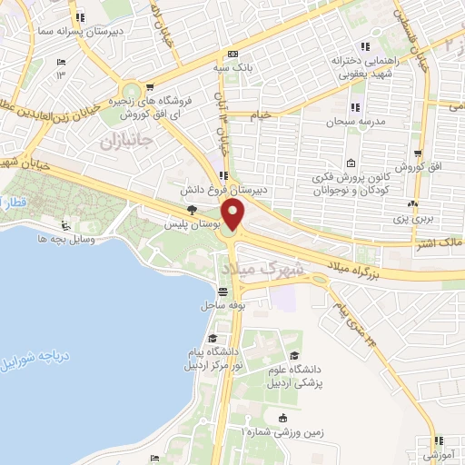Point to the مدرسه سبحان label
click(x=351, y=121)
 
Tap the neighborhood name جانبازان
click(x=122, y=142)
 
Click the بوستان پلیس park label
click(x=185, y=223)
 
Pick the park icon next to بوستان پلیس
click(x=191, y=210)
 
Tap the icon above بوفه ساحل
click(x=223, y=292)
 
